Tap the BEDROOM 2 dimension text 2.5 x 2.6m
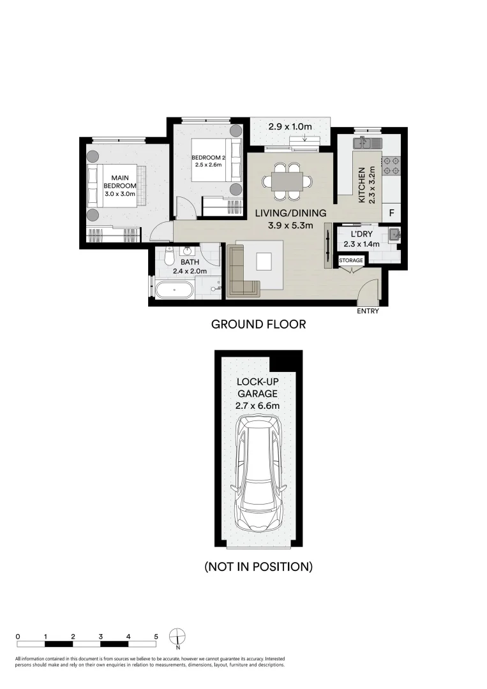(208, 165)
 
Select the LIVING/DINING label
(291, 213)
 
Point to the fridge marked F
(391, 214)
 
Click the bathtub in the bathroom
(174, 290)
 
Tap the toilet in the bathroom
(169, 255)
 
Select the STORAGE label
(351, 260)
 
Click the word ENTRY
(368, 311)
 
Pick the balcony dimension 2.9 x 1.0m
(290, 126)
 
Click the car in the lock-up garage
(258, 473)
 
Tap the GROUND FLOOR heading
(258, 324)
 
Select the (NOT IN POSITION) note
(258, 567)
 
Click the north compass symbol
(177, 637)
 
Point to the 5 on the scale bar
(156, 636)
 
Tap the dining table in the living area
(287, 181)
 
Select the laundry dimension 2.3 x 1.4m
(361, 244)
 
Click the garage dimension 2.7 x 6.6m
(258, 406)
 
